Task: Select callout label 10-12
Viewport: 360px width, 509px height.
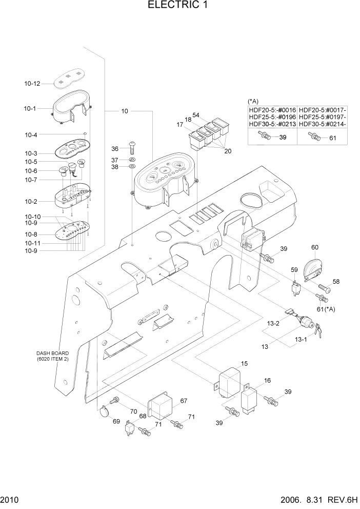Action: pyautogui.click(x=32, y=83)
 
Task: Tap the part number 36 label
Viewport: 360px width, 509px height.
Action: pyautogui.click(x=115, y=149)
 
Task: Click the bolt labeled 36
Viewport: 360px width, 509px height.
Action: pyautogui.click(x=132, y=147)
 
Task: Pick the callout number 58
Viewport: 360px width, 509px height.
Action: pyautogui.click(x=336, y=282)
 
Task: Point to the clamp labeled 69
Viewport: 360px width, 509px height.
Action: pyautogui.click(x=105, y=411)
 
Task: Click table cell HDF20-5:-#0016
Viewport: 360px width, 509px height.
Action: pyautogui.click(x=272, y=110)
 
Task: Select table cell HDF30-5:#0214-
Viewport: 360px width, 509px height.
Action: pyautogui.click(x=323, y=124)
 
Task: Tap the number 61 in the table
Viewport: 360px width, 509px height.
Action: pyautogui.click(x=332, y=138)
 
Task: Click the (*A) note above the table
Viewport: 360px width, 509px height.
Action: pyautogui.click(x=253, y=101)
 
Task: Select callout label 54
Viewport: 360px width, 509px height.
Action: pyautogui.click(x=196, y=115)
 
